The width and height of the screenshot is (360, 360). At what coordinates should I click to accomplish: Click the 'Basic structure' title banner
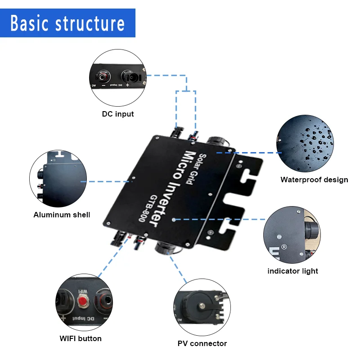67,23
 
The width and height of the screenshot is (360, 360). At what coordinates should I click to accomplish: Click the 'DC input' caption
118,114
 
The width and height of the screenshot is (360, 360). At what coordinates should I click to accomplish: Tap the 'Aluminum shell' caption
62,215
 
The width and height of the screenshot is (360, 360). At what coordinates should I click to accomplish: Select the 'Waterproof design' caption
314,180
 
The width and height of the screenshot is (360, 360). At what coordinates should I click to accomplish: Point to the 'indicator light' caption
292,271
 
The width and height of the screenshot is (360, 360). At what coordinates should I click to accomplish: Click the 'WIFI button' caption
81,338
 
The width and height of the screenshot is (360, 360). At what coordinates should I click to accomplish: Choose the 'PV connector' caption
202,343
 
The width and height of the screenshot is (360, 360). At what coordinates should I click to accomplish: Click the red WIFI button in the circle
83,301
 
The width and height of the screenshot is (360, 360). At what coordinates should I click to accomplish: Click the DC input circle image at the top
118,76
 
